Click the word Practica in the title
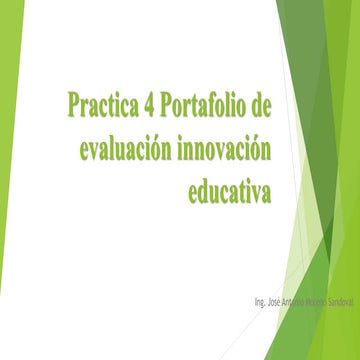pos(104,103)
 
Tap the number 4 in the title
pos(152,103)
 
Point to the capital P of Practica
pos(74,103)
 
